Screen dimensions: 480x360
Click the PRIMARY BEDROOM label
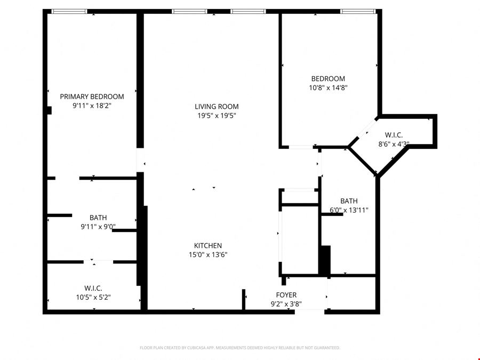click(92, 97)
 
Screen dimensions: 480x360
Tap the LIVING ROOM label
click(217, 107)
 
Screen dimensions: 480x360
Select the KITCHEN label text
click(208, 245)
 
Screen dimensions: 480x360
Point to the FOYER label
click(286, 295)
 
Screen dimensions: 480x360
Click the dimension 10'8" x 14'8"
click(328, 88)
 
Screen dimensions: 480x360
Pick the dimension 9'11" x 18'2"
click(92, 106)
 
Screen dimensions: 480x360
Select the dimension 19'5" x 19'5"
click(217, 116)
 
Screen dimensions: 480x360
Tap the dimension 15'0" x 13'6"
click(208, 255)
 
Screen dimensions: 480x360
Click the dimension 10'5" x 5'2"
click(93, 297)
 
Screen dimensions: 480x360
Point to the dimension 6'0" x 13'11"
click(349, 210)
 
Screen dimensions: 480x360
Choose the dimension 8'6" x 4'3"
click(394, 144)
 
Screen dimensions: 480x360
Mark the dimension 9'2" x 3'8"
click(286, 304)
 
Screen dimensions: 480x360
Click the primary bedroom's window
click(69, 12)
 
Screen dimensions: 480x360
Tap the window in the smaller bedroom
click(358, 12)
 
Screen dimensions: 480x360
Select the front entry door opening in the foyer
click(309, 312)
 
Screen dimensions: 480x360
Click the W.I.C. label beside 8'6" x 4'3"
click(394, 135)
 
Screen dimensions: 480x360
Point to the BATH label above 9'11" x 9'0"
click(98, 218)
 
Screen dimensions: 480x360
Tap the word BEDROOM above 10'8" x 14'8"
click(328, 79)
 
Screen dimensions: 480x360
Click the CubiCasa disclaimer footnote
click(239, 348)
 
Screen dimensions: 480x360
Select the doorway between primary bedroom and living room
click(140, 160)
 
